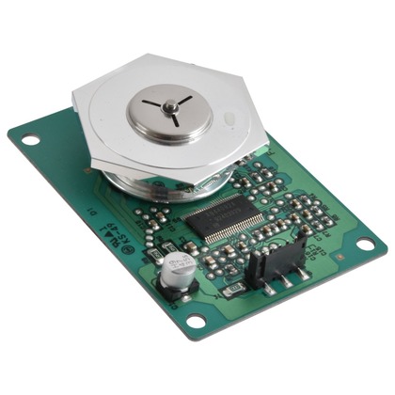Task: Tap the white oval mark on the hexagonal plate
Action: point(229,118)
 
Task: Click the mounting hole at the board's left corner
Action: point(30,140)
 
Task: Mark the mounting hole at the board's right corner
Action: point(363,245)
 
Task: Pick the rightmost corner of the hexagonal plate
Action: point(269,142)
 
